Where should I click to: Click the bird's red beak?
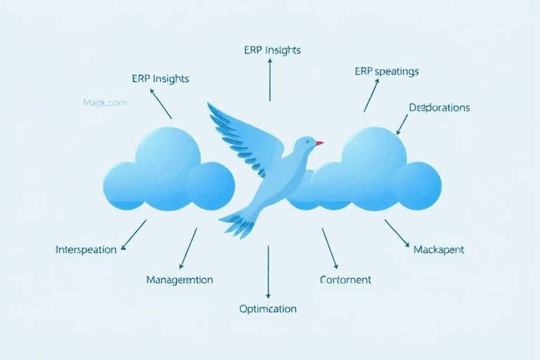pos(319,143)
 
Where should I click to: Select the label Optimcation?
pos(268,309)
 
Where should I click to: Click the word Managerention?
pos(179,279)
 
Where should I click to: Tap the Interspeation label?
pos(86,250)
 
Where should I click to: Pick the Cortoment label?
pos(345,279)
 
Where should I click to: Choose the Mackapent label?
pos(439,250)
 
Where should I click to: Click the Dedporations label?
pos(439,108)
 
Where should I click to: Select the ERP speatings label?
pos(387,71)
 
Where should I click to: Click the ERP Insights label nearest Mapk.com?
pos(160,78)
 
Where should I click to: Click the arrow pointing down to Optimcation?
pos(268,271)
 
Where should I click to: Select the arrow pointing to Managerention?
pos(188,248)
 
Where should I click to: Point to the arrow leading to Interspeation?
pos(134,234)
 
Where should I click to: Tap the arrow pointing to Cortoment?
pos(330,248)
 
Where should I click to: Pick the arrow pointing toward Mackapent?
pos(397,233)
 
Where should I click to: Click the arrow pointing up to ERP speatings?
pos(371,95)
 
